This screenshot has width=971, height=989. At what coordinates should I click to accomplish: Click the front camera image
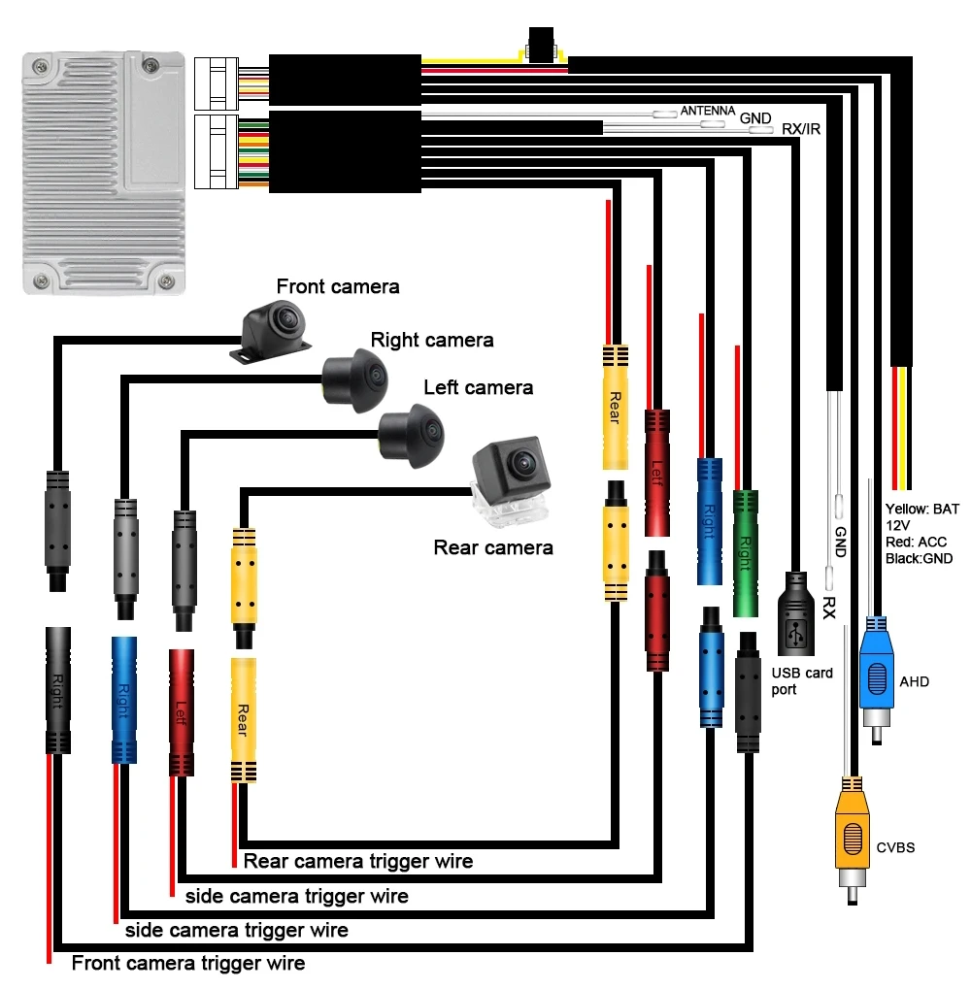pyautogui.click(x=274, y=329)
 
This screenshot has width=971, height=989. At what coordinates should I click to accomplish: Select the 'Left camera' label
pyautogui.click(x=478, y=387)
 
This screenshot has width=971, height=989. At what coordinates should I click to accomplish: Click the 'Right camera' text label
pyautogui.click(x=431, y=340)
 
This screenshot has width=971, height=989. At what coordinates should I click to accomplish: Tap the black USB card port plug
pyautogui.click(x=797, y=615)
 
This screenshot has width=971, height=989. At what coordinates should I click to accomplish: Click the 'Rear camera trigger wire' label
pyautogui.click(x=357, y=861)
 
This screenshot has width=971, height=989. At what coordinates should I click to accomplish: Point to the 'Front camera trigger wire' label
pyautogui.click(x=188, y=963)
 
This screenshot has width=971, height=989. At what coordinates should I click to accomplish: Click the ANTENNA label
pyautogui.click(x=707, y=111)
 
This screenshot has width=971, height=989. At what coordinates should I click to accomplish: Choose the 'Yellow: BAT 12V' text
pyautogui.click(x=921, y=515)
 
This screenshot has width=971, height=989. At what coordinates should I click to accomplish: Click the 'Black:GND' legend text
pyautogui.click(x=919, y=558)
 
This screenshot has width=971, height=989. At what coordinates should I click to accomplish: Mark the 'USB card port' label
pyautogui.click(x=801, y=680)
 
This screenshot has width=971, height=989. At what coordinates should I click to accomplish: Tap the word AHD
pyautogui.click(x=914, y=681)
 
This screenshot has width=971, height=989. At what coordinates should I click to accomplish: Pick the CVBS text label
pyautogui.click(x=895, y=847)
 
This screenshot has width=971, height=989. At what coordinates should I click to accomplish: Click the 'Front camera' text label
pyautogui.click(x=337, y=286)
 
